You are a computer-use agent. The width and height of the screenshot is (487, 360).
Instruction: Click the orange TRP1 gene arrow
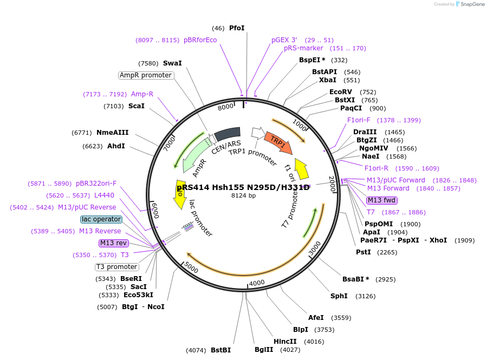pyautogui.click(x=279, y=142)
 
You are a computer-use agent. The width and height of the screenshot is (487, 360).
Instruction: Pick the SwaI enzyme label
pyautogui.click(x=172, y=63)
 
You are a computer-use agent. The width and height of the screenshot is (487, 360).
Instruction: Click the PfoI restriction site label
pyautogui.click(x=237, y=28)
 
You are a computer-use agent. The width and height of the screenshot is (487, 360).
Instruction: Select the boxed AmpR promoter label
pyautogui.click(x=146, y=75)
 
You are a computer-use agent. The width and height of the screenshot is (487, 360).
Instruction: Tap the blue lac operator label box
pyautogui.click(x=101, y=219)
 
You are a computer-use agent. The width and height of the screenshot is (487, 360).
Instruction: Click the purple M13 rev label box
pyautogui.click(x=113, y=243)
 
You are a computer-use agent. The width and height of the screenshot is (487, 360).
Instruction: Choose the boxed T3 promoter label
pyautogui.click(x=116, y=267)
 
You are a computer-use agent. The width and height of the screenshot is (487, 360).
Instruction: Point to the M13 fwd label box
pyautogui.click(x=382, y=200)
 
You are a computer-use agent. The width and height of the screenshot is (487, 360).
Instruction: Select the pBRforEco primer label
pyautogui.click(x=200, y=40)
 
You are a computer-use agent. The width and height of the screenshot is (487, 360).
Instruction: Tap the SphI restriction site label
pyautogui.click(x=339, y=296)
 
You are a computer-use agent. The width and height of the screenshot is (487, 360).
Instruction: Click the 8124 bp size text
pyautogui.click(x=243, y=195)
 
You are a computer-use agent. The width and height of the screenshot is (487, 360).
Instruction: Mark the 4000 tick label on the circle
pyautogui.click(x=257, y=283)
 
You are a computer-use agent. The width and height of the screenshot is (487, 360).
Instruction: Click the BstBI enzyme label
pyautogui.click(x=220, y=350)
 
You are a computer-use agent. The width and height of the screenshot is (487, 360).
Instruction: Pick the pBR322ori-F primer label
pyautogui.click(x=96, y=184)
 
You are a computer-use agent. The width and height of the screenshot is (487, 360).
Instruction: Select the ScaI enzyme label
pyautogui.click(x=137, y=106)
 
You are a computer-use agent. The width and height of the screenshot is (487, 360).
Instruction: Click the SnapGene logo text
pyautogui.click(x=471, y=4)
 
